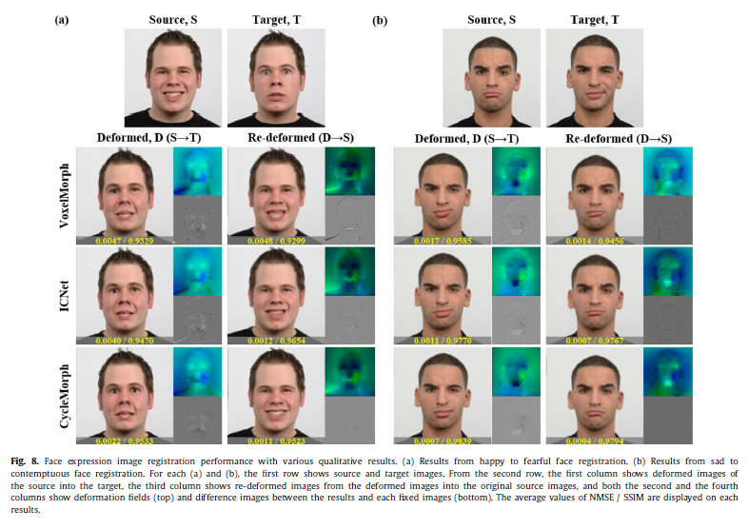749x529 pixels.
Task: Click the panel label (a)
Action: (x=60, y=18)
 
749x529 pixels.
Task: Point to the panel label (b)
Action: (x=381, y=18)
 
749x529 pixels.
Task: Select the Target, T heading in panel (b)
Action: (x=581, y=19)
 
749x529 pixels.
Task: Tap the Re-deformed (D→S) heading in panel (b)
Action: (x=619, y=139)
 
